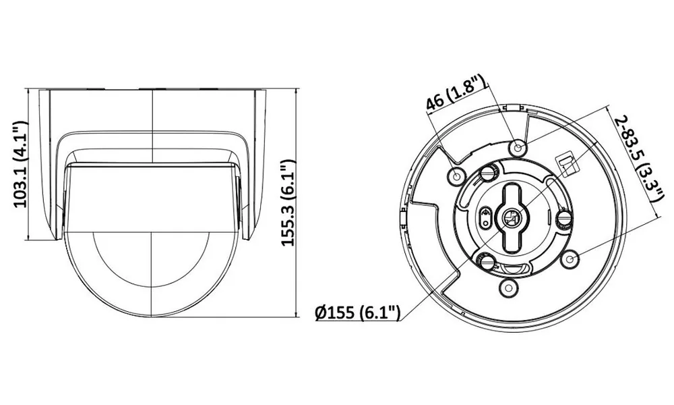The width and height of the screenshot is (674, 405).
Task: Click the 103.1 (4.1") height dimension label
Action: pyautogui.click(x=20, y=165)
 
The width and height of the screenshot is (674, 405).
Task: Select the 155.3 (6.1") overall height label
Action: pyautogui.click(x=288, y=202)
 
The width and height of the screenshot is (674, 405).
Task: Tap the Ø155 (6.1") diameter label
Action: pyautogui.click(x=358, y=313)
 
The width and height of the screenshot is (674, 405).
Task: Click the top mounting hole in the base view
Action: pyautogui.click(x=518, y=148)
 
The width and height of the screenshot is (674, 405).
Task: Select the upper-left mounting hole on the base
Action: pyautogui.click(x=456, y=175)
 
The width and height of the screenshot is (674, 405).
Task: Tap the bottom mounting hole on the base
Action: pyautogui.click(x=508, y=287)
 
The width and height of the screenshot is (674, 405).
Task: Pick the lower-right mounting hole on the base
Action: pyautogui.click(x=570, y=259)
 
